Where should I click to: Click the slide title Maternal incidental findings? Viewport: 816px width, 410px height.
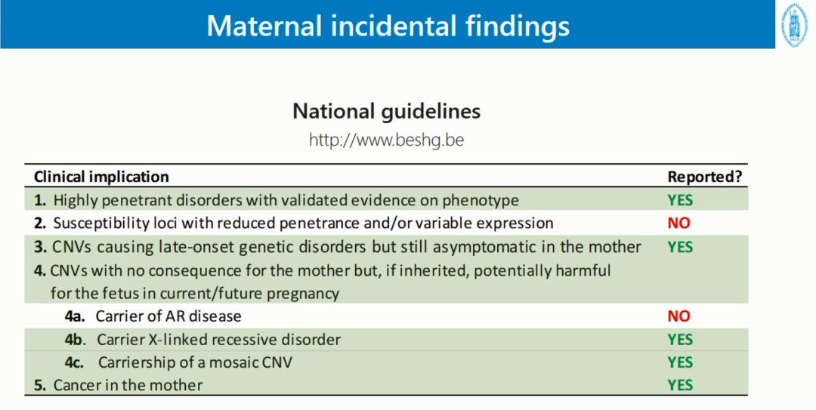[x=388, y=26]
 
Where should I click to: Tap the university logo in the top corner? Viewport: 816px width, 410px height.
[x=795, y=24]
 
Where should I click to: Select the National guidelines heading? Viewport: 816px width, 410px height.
[x=386, y=111]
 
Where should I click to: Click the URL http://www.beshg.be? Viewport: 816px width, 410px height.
[x=386, y=140]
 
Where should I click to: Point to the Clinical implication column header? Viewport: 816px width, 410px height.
[x=101, y=177]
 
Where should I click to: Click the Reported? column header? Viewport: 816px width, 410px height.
[x=705, y=177]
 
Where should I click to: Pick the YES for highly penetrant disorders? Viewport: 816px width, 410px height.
[x=680, y=200]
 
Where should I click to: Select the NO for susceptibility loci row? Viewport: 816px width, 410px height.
[x=678, y=223]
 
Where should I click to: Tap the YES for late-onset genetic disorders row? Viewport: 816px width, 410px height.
[x=680, y=247]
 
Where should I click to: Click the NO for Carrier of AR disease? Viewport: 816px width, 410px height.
[x=678, y=316]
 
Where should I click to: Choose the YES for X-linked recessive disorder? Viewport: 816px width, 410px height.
[x=680, y=340]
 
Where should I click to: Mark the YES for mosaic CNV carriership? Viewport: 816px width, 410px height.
[x=680, y=362]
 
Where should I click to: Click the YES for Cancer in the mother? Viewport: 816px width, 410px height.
[x=680, y=385]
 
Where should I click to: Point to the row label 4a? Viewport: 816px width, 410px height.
[x=75, y=316]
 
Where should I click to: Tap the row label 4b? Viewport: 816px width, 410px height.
[x=75, y=340]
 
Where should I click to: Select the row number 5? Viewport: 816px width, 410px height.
[x=39, y=385]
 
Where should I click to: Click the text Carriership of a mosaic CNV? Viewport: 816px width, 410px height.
[x=195, y=362]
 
